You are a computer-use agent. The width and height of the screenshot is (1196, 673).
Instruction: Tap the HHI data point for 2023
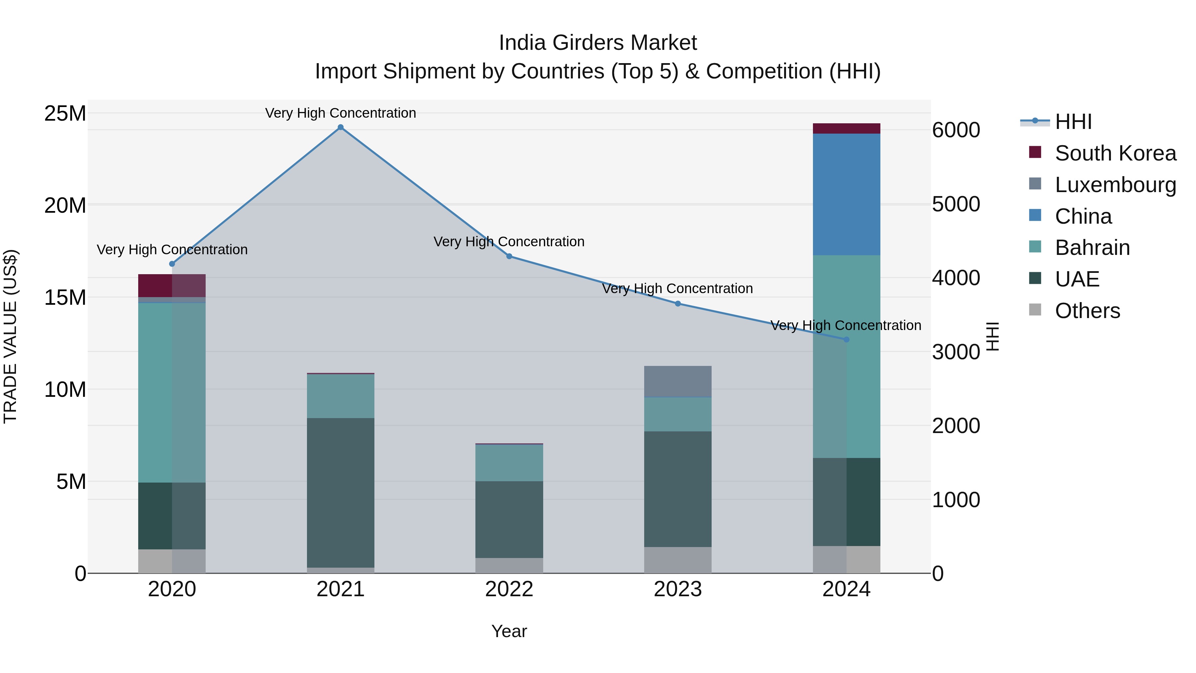coord(677,304)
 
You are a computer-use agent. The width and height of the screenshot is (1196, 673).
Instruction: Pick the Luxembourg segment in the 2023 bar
coord(677,381)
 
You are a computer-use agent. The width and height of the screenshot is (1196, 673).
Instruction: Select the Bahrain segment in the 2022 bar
coord(509,463)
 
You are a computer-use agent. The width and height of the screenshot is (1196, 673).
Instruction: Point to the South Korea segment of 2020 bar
coord(172,285)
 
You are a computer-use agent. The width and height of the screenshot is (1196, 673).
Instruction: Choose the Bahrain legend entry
coord(1092,248)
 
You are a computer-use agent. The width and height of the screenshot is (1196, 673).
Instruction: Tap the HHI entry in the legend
coord(1073,122)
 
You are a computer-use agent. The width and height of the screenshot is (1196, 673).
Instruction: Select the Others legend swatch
coord(1035,310)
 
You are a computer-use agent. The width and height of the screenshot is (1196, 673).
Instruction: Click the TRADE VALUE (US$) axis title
coord(10,336)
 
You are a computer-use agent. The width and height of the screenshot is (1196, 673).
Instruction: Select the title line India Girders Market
coord(598,43)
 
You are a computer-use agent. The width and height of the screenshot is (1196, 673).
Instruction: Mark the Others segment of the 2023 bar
coord(677,560)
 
